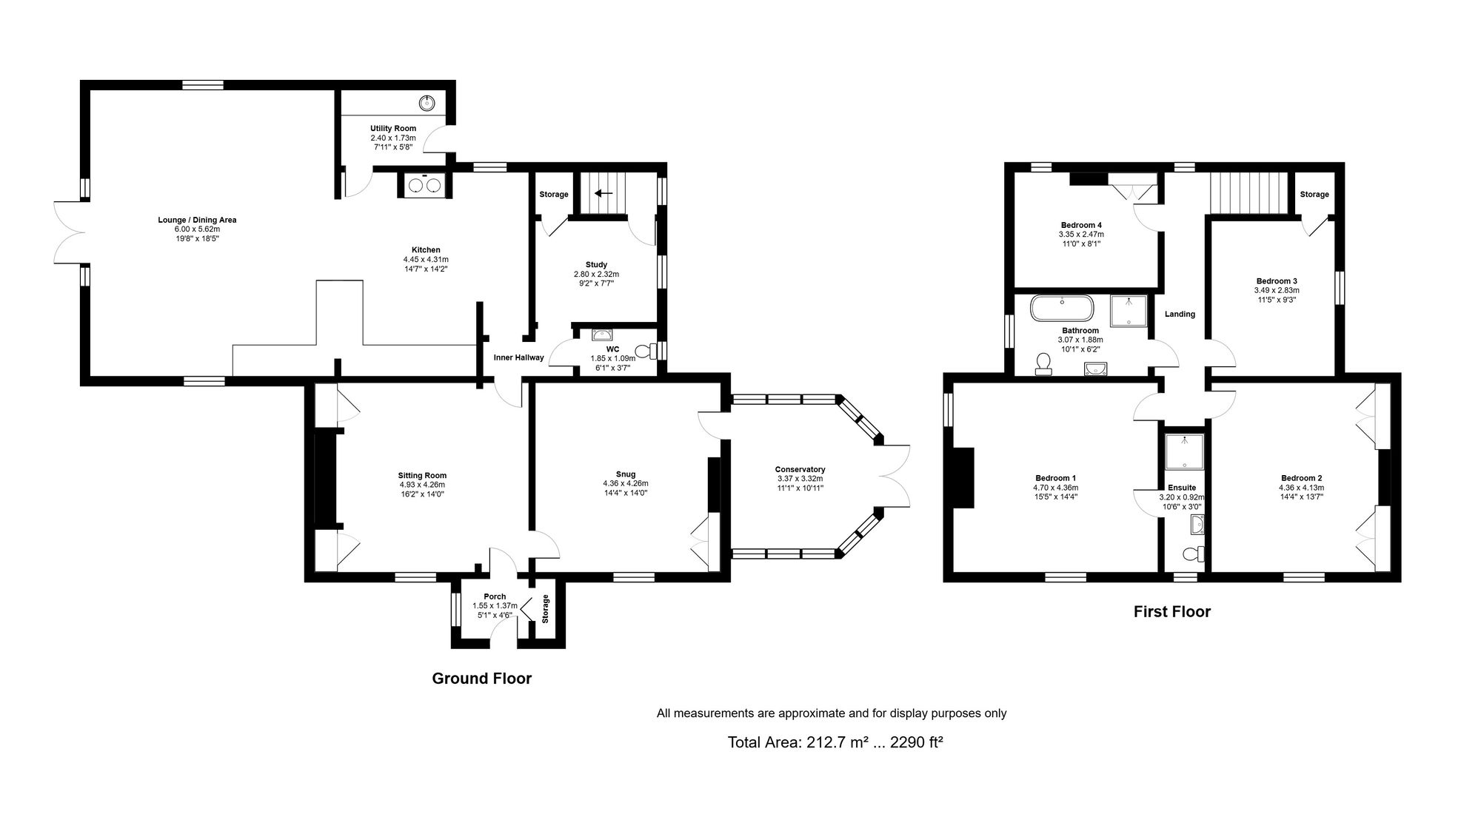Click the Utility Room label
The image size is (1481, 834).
[393, 128]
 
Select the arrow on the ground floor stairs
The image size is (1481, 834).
[604, 194]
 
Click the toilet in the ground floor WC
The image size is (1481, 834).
[646, 349]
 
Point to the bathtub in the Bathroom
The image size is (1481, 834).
[1063, 308]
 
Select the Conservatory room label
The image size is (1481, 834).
[800, 469]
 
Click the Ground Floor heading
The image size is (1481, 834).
[482, 679]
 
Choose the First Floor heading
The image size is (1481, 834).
[1172, 612]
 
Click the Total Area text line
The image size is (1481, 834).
[835, 742]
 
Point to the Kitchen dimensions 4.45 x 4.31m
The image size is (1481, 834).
[426, 260]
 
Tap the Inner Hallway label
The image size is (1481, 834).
[519, 357]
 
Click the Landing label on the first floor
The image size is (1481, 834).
[1180, 314]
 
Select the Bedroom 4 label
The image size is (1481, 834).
[1081, 225]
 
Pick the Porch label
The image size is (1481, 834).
[495, 596]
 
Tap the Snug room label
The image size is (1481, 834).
[626, 474]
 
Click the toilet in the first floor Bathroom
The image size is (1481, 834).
[1044, 364]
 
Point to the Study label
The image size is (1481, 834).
[596, 264]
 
